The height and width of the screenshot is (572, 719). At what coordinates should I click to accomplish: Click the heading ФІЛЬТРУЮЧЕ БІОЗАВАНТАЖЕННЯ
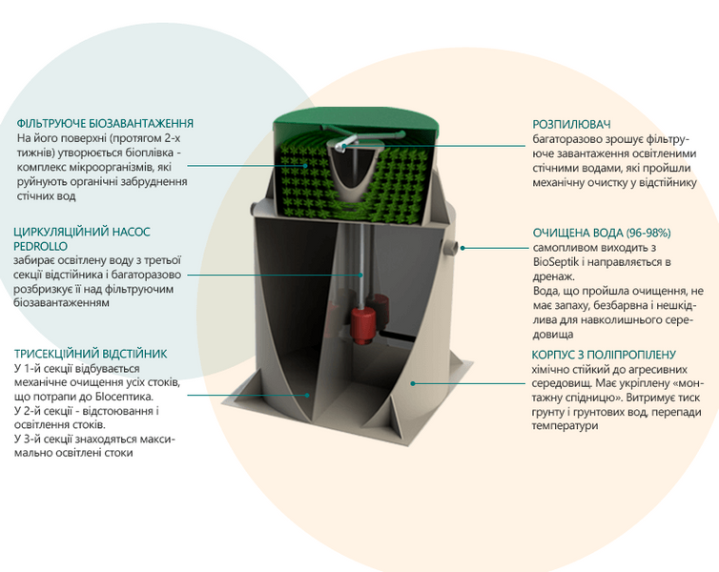click(105, 124)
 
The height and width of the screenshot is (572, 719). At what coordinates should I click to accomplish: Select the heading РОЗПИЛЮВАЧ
click(571, 125)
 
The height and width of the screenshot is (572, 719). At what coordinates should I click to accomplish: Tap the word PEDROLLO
click(40, 247)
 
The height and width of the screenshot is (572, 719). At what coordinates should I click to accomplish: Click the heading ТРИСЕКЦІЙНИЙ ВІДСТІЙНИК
click(91, 355)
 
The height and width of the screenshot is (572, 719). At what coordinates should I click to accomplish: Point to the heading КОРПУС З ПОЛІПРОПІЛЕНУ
click(604, 355)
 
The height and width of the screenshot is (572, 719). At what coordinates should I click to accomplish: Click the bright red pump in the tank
click(363, 324)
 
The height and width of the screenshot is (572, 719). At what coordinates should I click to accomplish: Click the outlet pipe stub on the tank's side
click(451, 248)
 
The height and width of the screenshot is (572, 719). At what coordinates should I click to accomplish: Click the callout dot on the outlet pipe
click(462, 248)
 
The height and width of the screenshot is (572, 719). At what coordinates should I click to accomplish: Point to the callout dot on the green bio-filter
click(305, 166)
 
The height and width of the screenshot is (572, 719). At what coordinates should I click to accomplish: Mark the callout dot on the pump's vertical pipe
click(360, 275)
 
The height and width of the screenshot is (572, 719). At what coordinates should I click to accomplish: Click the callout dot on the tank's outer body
click(413, 383)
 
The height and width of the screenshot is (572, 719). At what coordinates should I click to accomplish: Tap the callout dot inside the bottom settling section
click(308, 395)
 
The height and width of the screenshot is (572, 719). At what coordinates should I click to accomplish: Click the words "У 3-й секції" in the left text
click(43, 439)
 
